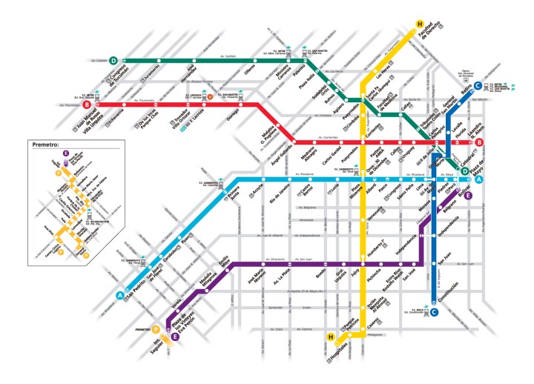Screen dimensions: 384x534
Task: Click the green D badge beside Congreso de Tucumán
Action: (x=113, y=61)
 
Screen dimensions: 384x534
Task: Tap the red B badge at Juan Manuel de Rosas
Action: (x=87, y=105)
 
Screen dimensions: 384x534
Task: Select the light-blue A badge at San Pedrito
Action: (x=119, y=297)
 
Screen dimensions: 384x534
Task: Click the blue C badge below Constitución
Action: (x=434, y=312)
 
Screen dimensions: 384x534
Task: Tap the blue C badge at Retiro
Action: (x=478, y=85)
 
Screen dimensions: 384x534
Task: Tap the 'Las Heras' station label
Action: (x=385, y=71)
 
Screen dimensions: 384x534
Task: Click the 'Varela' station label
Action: (x=177, y=302)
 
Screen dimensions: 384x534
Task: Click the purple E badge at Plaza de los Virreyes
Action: (x=175, y=337)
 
